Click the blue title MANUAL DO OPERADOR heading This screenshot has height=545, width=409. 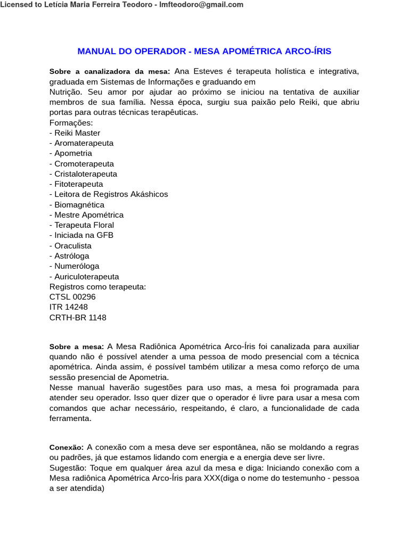[x=204, y=52]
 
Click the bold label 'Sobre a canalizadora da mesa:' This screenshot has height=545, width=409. [x=110, y=72]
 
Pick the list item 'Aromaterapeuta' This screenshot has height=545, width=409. [x=81, y=143]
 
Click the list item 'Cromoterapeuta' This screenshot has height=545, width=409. [x=81, y=164]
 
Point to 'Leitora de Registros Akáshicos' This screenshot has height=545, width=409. [x=109, y=194]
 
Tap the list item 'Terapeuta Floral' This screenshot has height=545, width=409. [x=81, y=225]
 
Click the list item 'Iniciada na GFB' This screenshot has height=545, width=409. [x=81, y=235]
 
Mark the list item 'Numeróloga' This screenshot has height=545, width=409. [x=75, y=266]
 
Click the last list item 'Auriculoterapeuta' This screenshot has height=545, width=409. [x=84, y=277]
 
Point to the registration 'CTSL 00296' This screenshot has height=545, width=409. [x=72, y=297]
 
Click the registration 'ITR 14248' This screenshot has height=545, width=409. [x=69, y=307]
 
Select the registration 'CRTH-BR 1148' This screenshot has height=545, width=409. [x=78, y=318]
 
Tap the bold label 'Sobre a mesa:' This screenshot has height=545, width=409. [x=77, y=347]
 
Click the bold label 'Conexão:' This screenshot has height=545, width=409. [x=67, y=448]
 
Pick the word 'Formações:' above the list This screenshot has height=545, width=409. [x=71, y=123]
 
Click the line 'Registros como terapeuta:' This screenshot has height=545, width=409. [x=97, y=287]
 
